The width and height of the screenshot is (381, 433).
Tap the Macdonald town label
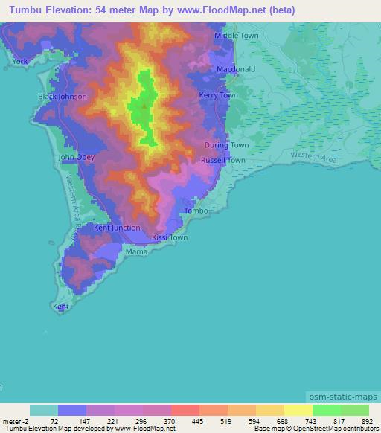(236, 69)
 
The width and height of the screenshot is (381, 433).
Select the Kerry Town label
(219, 95)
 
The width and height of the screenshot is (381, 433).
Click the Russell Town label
(222, 160)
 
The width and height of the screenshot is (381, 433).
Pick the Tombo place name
(196, 211)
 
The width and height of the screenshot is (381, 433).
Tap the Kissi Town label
(170, 238)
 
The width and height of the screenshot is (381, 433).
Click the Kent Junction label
(117, 227)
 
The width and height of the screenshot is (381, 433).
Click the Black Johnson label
(63, 97)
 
